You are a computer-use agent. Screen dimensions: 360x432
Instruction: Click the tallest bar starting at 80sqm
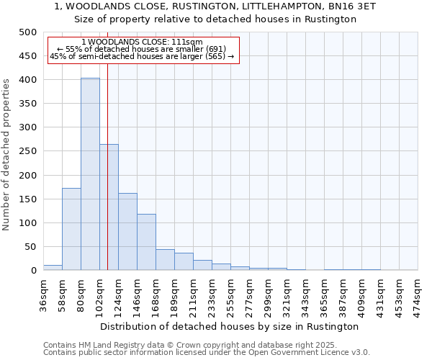[90, 174]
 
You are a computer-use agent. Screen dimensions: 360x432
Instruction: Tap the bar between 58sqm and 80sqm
[71, 229]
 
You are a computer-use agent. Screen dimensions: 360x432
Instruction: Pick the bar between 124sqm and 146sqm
[127, 232]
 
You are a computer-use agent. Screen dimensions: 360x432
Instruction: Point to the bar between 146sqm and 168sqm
[146, 242]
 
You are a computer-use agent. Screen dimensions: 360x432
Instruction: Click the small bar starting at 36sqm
[53, 267]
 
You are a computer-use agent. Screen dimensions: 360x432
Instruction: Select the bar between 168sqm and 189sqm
[165, 260]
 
